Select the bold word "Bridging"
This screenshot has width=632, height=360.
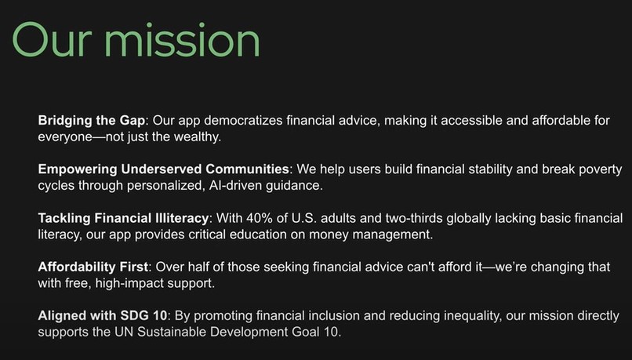coord(65,121)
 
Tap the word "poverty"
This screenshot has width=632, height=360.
coord(595,169)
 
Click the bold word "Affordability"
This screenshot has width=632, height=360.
coord(77,267)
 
